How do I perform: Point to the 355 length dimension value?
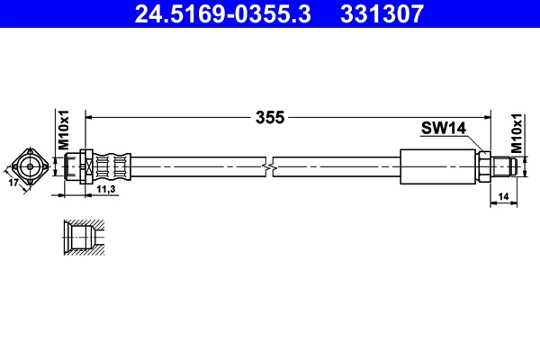269,117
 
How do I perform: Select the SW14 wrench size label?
443,129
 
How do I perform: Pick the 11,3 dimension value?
105,191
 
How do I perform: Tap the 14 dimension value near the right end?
502,195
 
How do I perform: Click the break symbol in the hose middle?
269,166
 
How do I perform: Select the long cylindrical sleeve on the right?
437,166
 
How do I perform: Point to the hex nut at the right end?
484,166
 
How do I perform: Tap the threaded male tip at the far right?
505,166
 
